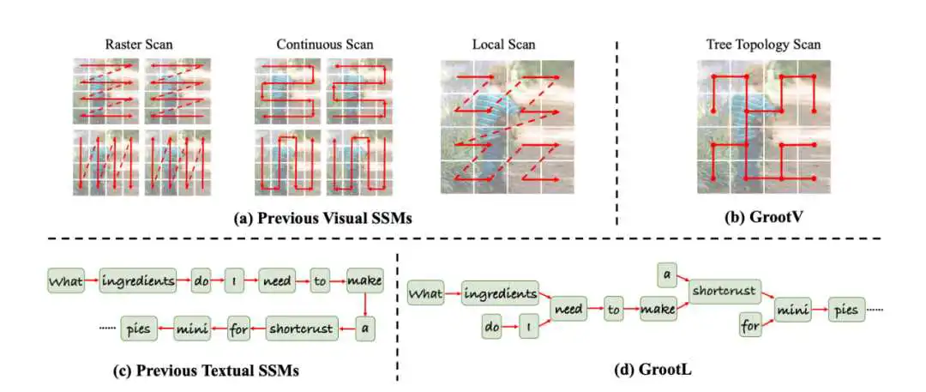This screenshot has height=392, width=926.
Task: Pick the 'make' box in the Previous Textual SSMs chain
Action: (x=365, y=280)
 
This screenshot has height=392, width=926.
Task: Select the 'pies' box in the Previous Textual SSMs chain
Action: (x=137, y=327)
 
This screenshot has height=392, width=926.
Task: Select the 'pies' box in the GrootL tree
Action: (x=845, y=308)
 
